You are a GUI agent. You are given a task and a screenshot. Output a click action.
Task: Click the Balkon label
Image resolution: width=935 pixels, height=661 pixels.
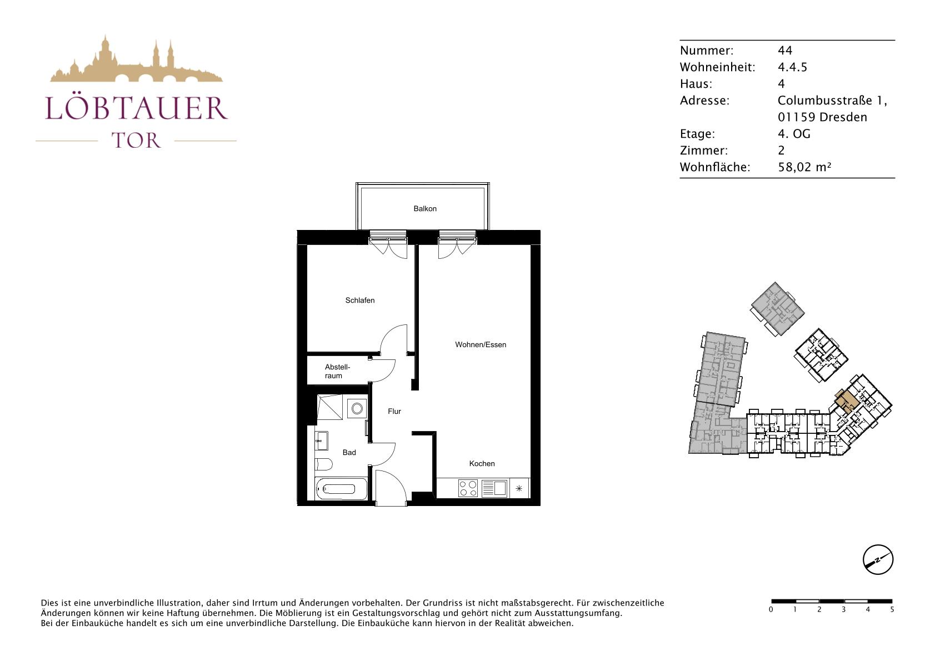coord(425,209)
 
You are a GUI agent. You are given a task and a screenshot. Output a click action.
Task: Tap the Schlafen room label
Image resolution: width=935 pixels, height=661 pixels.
coord(360,301)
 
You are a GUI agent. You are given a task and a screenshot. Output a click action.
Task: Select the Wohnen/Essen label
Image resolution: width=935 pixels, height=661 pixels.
coord(481,345)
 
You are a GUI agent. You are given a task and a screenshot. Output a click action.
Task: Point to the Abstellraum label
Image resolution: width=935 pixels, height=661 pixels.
coord(337,372)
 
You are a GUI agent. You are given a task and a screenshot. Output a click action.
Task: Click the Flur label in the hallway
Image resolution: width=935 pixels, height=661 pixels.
coord(394,412)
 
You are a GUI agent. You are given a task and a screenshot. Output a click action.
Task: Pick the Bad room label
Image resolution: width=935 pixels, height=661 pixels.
coord(349,452)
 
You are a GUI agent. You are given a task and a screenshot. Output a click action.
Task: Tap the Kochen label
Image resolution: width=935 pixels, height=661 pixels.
coord(482,464)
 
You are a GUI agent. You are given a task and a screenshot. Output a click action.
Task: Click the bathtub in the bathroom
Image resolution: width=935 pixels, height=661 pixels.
coord(342,489)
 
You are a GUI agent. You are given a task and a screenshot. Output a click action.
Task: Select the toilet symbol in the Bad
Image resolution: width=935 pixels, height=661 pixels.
coord(323,464)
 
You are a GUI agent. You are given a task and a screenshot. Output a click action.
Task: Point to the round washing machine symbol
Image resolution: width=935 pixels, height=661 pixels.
coord(357,408)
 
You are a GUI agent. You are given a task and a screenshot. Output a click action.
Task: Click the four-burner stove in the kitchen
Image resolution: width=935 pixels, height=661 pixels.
coord(468,488)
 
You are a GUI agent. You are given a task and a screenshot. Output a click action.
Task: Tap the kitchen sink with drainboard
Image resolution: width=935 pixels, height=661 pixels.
coord(494,488)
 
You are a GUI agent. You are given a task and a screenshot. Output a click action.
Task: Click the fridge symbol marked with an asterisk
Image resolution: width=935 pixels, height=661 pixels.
coord(519,488)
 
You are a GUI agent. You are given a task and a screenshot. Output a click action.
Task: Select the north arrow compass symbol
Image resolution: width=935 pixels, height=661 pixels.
coord(878,559)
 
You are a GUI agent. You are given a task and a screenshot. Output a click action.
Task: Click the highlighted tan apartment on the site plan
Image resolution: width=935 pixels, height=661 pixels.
coord(846,402)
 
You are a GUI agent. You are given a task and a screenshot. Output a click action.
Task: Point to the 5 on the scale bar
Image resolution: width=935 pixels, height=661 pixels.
coord(892,610)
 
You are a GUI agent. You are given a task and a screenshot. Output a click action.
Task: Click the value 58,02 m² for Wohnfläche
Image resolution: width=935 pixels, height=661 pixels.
coord(804,167)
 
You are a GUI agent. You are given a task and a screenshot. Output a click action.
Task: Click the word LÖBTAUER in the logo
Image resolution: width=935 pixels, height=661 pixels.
coord(136,108)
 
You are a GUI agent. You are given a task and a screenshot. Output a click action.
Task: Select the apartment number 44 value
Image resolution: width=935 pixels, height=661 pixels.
coord(785,51)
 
